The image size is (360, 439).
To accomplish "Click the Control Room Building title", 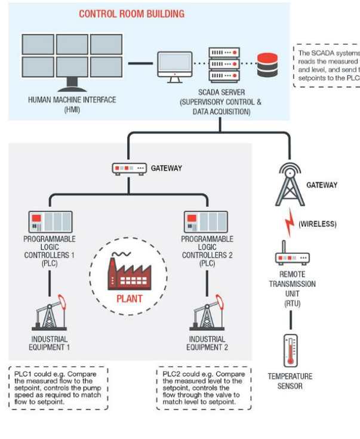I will click(132, 14).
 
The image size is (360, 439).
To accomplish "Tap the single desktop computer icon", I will click(175, 65).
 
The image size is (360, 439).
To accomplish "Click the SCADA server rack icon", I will click(224, 65).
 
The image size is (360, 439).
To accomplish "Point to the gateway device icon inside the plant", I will click(129, 169).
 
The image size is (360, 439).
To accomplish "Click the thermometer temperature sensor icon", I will click(291, 350).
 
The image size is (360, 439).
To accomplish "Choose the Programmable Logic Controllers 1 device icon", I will click(51, 222).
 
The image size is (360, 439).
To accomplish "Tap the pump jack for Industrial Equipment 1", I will click(50, 313).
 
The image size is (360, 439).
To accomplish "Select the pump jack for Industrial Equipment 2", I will click(207, 313).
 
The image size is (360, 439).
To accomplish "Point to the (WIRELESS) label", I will click(317, 225).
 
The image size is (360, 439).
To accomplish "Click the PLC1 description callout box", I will click(58, 388).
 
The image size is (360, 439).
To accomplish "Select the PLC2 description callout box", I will click(204, 388).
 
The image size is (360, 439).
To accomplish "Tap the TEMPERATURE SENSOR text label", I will click(290, 381).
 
